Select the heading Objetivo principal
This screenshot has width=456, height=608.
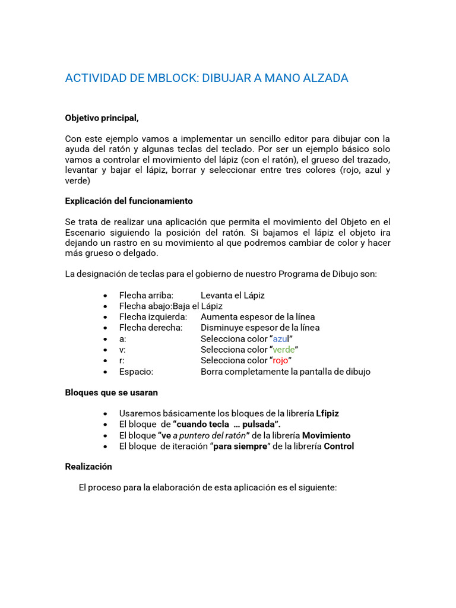[x=102, y=118]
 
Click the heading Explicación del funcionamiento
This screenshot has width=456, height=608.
[x=129, y=201]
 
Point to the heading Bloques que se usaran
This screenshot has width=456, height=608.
[x=111, y=392]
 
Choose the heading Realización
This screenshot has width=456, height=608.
[x=88, y=467]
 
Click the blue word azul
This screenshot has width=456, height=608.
[x=280, y=338]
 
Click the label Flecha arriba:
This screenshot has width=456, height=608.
[x=146, y=295]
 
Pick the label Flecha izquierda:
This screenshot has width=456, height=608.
[x=153, y=317]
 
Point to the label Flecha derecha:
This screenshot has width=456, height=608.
[x=150, y=328]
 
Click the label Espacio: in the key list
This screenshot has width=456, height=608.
[x=136, y=372]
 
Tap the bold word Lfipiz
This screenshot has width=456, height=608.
[x=327, y=413]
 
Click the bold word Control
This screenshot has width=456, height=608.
[x=338, y=446]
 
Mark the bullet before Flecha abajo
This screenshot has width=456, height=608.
[x=105, y=306]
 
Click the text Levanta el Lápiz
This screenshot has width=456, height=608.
[x=233, y=295]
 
